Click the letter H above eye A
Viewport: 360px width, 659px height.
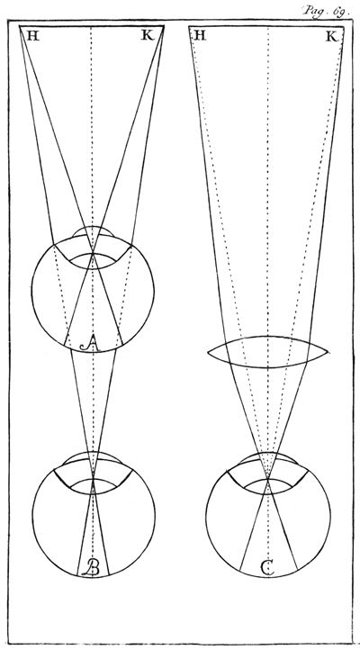(x=33, y=36)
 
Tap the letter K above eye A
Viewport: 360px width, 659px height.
(x=148, y=36)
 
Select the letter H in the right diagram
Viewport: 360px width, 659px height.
(x=200, y=36)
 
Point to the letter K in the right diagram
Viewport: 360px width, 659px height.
(x=331, y=37)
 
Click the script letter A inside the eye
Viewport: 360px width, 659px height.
(x=90, y=345)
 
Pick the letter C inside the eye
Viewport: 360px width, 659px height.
(x=267, y=568)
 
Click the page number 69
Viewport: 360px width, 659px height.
(x=339, y=12)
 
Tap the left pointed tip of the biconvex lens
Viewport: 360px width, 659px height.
(x=209, y=352)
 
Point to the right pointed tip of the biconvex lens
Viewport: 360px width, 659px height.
(x=328, y=352)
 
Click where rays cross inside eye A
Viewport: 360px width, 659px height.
(x=93, y=254)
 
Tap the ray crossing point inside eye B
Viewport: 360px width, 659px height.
(x=93, y=479)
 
